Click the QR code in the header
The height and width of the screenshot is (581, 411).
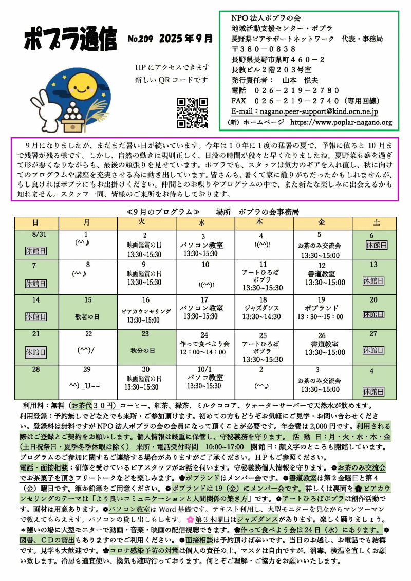(x=192, y=113)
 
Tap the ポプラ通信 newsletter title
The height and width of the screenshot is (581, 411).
(x=71, y=40)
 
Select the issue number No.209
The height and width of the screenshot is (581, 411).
(x=140, y=39)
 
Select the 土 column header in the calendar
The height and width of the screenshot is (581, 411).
(x=376, y=223)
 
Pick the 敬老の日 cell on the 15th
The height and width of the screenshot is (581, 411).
(x=87, y=317)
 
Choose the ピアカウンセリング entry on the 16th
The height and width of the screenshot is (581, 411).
(x=146, y=312)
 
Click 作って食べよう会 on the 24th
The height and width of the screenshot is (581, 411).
(x=204, y=343)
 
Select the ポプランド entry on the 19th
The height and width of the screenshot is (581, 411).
(x=321, y=308)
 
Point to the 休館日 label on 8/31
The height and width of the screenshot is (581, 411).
(x=35, y=251)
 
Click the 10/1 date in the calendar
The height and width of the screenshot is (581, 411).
(x=204, y=369)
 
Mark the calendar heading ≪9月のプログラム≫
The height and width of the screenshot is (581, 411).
(x=163, y=211)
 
